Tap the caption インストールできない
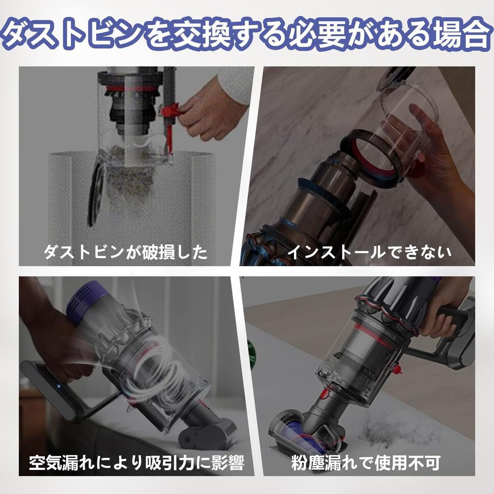[x=369, y=252]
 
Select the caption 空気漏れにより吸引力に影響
[x=136, y=464]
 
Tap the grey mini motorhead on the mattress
[x=207, y=432]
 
